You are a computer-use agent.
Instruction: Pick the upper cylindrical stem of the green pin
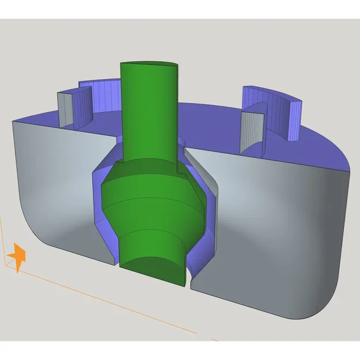(x=149, y=115)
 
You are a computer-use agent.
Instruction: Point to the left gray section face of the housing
(x=58, y=184)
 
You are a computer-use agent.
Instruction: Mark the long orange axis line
(x=115, y=305)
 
